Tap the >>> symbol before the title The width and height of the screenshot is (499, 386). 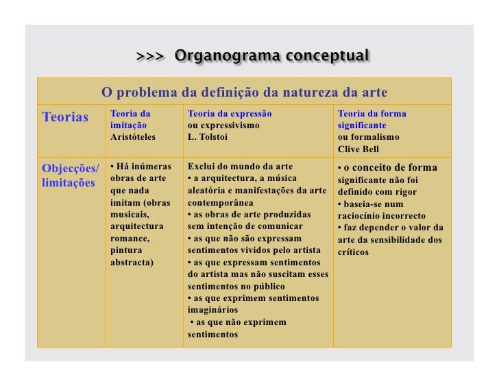pyautogui.click(x=149, y=56)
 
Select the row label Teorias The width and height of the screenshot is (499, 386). pyautogui.click(x=66, y=117)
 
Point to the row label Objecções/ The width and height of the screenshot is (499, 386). pyautogui.click(x=71, y=168)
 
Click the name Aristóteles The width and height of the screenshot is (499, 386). pyautogui.click(x=133, y=137)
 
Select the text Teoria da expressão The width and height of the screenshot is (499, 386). pyautogui.click(x=230, y=113)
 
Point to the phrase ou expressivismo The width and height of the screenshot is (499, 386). pyautogui.click(x=223, y=125)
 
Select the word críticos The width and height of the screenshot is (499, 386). pyautogui.click(x=353, y=252)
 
